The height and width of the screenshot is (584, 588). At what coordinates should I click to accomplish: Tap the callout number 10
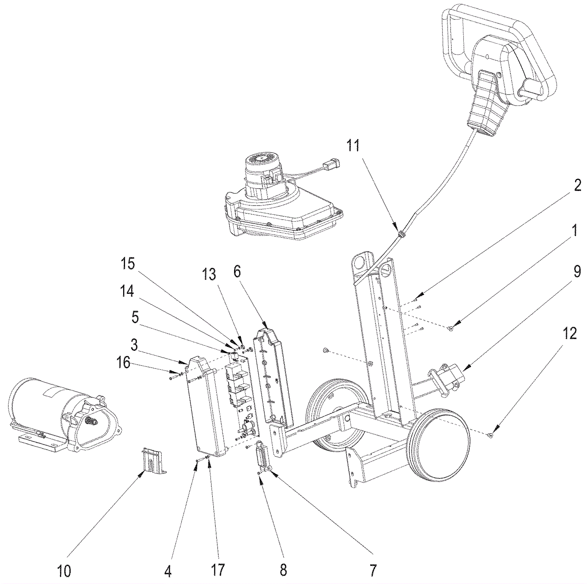[64, 571]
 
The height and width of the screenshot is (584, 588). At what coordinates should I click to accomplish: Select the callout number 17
[218, 571]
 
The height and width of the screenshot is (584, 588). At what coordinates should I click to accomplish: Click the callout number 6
[237, 272]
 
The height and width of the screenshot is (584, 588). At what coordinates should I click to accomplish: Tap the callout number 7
[373, 571]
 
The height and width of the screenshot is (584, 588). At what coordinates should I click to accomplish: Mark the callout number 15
[128, 264]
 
